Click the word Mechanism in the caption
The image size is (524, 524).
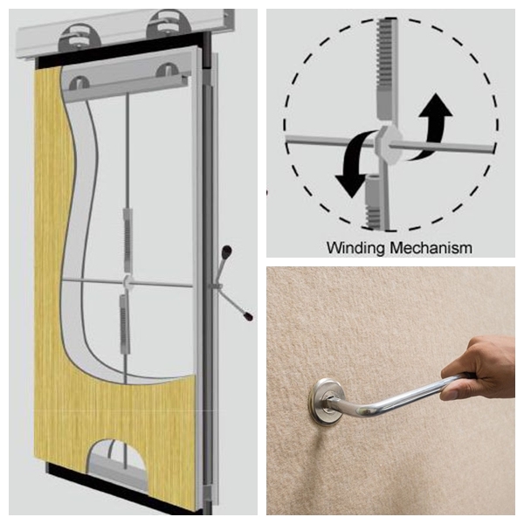point(431,248)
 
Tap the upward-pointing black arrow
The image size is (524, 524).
point(432,124)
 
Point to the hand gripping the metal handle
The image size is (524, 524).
point(479,368)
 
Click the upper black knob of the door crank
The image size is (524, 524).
point(227,251)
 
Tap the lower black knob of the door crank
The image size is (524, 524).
point(248,316)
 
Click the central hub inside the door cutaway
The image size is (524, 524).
point(128,282)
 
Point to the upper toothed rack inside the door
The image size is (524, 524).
point(128,239)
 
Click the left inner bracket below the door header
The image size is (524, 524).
point(79,84)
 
